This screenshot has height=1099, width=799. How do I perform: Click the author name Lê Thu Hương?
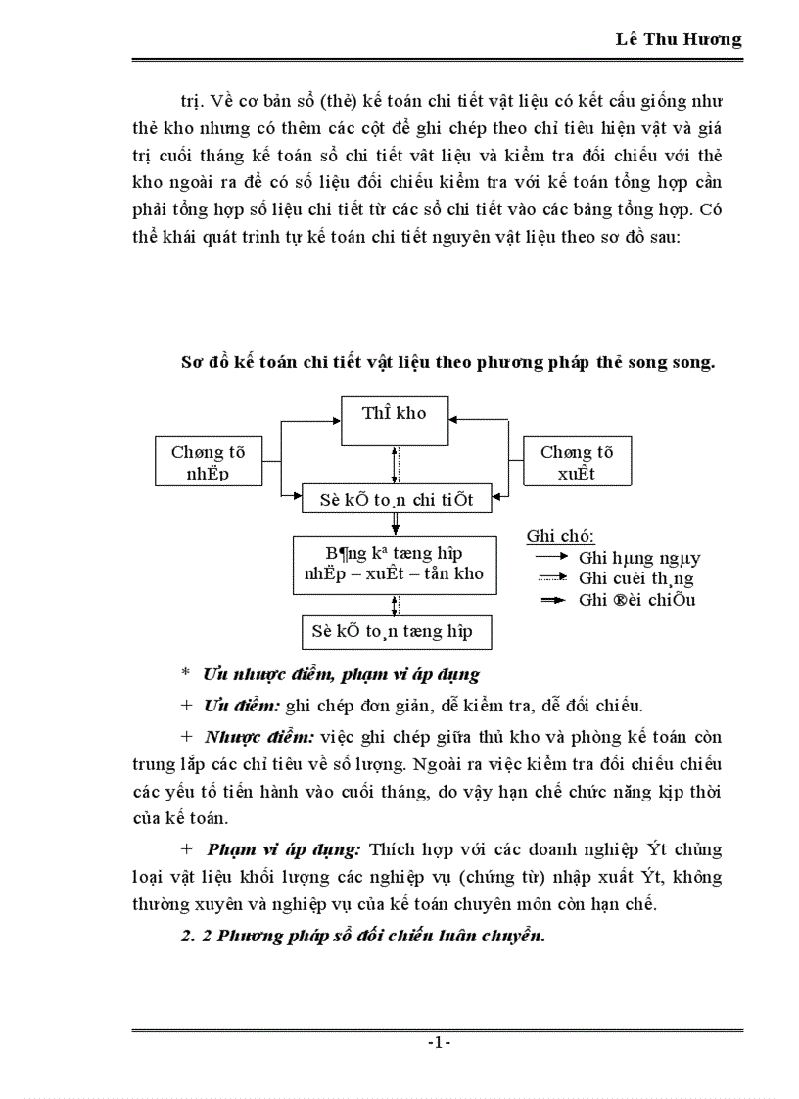coord(678,39)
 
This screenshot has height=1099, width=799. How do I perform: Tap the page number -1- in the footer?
coord(438,1043)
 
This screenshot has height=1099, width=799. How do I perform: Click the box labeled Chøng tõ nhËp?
coord(208,462)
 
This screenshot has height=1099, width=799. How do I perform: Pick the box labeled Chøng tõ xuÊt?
coord(576,462)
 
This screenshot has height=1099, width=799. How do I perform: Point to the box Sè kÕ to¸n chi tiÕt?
coord(397,499)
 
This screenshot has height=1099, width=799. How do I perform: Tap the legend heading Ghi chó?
coord(560,536)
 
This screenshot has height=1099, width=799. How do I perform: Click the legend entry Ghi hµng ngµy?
coord(638,559)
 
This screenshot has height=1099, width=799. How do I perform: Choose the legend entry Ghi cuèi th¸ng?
coord(636,579)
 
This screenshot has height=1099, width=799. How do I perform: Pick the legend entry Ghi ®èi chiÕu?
coord(636,600)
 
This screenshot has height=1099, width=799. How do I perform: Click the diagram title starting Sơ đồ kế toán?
coord(447,362)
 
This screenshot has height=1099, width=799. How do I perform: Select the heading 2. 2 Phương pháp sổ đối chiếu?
coord(361,936)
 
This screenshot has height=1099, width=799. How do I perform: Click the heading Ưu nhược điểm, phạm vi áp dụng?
coord(340,674)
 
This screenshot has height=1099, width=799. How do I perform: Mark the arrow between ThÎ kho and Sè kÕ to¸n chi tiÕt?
coord(394,464)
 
